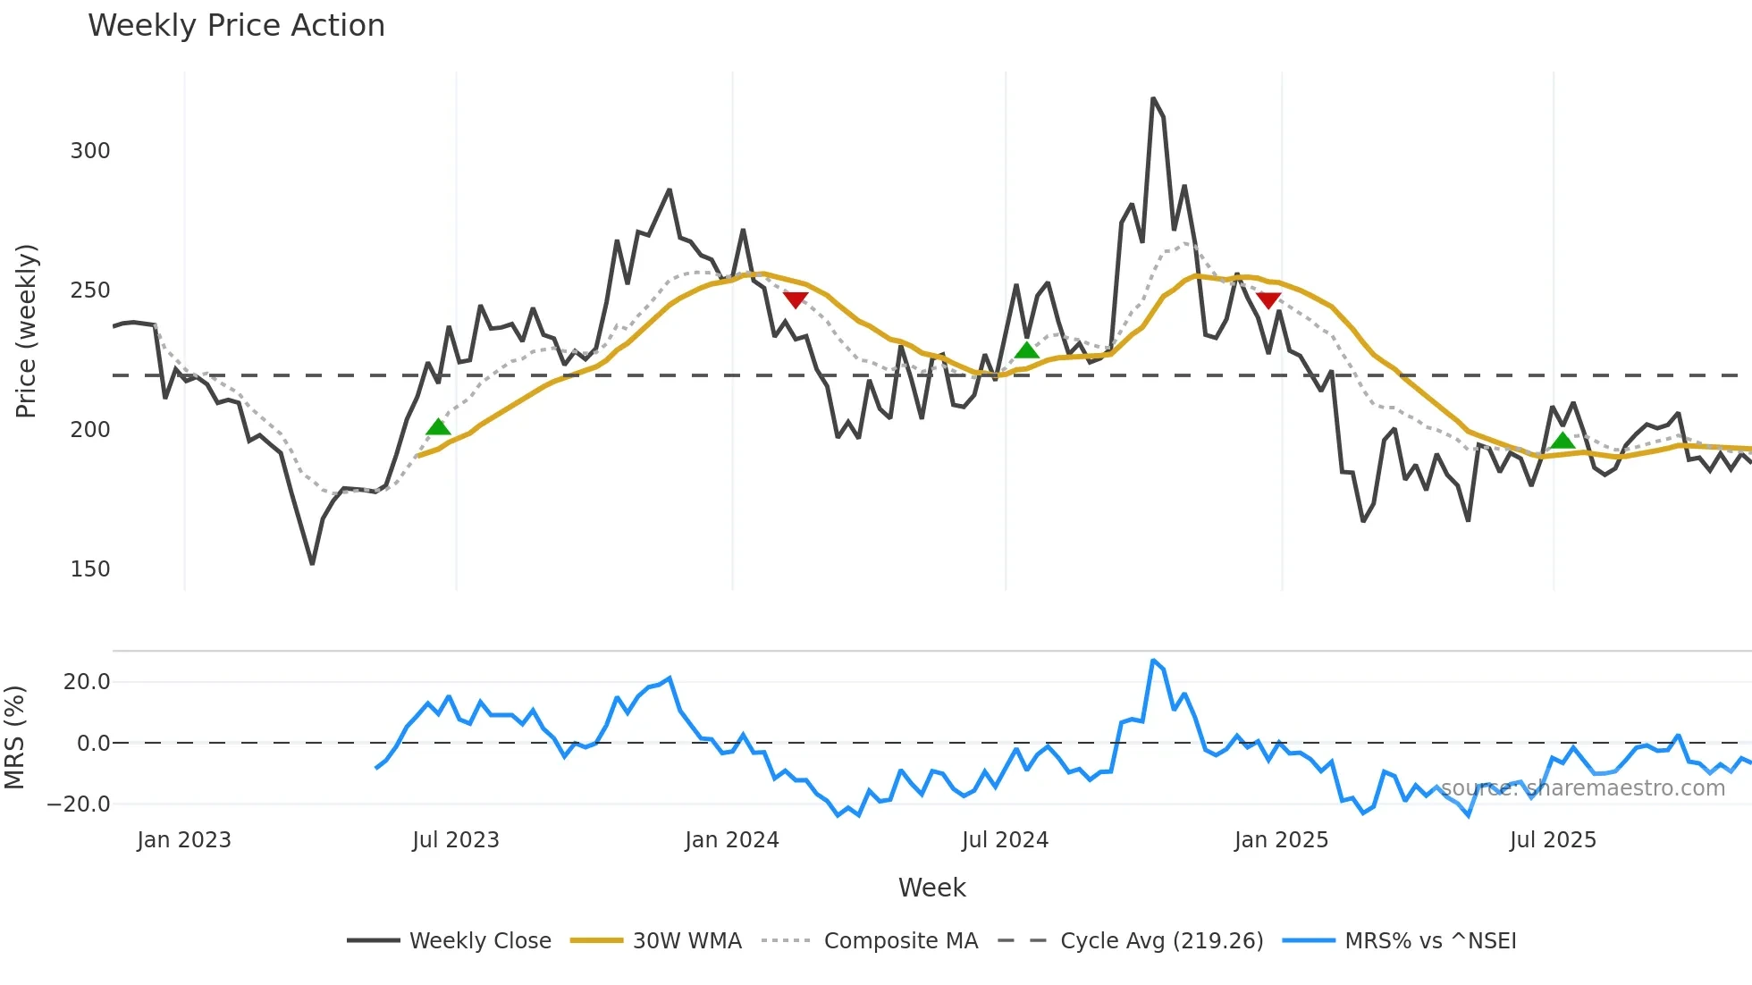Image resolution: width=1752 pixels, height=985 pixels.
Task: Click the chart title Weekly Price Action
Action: point(236,26)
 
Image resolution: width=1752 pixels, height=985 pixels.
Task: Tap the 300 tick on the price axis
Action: point(90,151)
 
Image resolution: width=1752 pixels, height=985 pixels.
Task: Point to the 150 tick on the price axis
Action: point(90,569)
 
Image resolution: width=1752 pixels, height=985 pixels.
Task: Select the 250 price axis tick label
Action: point(90,290)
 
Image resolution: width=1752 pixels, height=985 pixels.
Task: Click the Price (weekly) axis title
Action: point(26,331)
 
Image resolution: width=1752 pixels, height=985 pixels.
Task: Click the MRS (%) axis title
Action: point(14,737)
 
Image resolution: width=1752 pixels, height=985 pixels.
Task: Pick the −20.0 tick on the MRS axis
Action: point(79,804)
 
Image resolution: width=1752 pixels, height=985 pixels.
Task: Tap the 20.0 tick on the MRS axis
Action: point(87,682)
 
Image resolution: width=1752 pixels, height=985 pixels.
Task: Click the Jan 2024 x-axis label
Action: point(732,840)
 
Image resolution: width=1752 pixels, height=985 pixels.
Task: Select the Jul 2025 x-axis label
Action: point(1553,840)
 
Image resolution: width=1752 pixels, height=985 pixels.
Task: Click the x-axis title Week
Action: point(931,888)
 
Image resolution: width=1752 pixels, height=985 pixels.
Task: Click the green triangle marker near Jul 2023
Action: point(438,427)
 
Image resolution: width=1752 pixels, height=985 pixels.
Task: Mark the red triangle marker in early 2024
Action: point(796,299)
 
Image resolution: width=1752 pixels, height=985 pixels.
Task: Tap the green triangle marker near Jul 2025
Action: point(1562,440)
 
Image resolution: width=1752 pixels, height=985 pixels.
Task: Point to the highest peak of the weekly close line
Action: point(1153,98)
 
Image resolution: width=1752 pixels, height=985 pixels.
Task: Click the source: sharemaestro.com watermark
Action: point(1582,788)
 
